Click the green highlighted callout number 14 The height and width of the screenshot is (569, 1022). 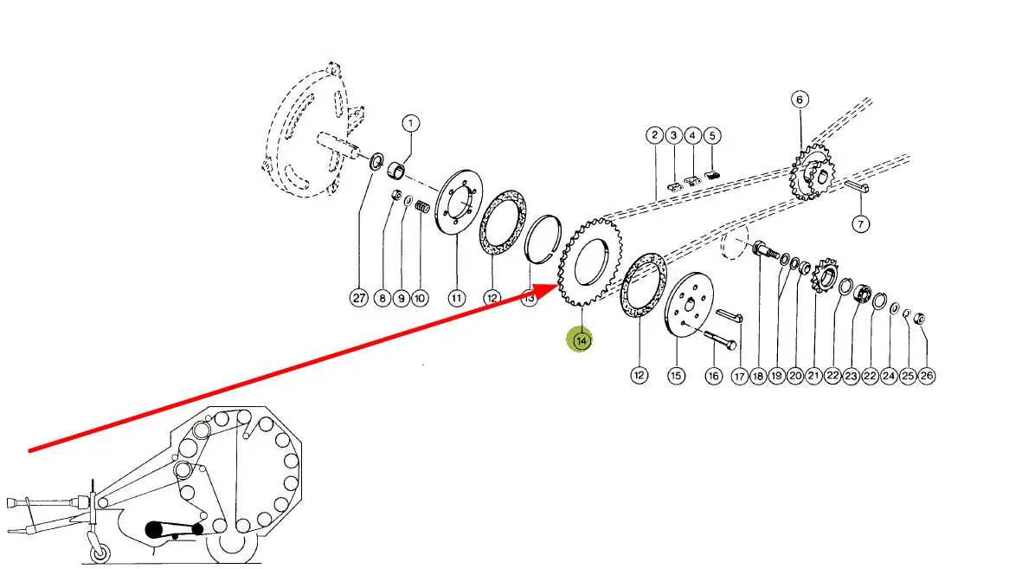(x=581, y=341)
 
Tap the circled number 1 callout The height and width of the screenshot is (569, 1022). (x=409, y=124)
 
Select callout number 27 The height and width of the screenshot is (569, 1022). (x=359, y=298)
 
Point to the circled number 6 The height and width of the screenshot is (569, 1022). (x=799, y=100)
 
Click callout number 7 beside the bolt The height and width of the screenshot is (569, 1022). (x=859, y=224)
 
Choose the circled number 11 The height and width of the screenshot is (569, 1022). (x=456, y=298)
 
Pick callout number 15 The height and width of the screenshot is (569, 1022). (x=676, y=375)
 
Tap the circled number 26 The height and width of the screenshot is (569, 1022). (x=927, y=375)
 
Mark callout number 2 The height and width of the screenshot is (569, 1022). (x=653, y=135)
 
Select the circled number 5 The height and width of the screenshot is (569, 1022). (x=711, y=135)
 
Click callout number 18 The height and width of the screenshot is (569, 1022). (x=758, y=375)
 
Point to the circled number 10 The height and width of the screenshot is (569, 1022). (x=420, y=298)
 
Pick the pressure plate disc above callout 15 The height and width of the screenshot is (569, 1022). (x=692, y=308)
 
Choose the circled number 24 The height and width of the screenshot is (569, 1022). (x=889, y=375)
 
